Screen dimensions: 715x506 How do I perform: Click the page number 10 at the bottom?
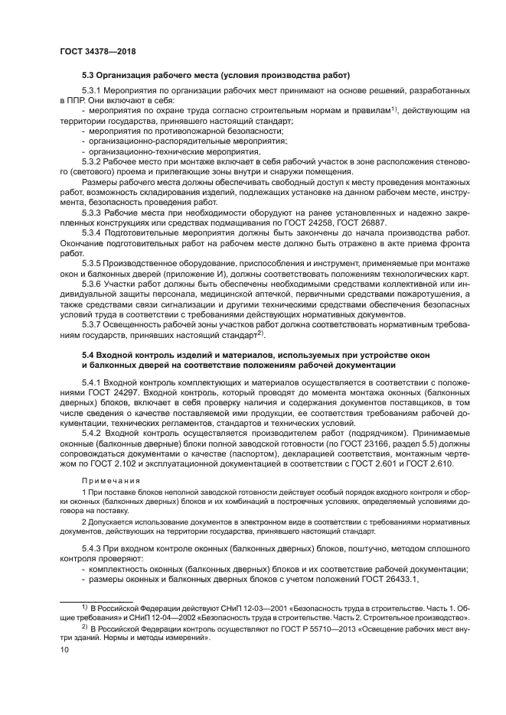(x=65, y=650)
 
